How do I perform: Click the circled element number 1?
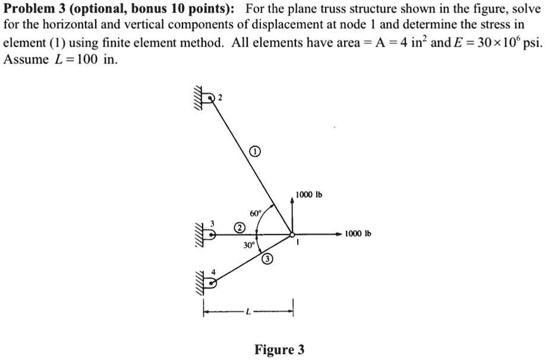255,151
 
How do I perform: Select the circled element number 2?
239,228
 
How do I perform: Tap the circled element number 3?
267,259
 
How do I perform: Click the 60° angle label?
255,213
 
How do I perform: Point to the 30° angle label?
249,245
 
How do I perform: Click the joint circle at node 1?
292,235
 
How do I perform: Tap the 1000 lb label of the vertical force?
308,195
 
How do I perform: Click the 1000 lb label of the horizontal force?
358,233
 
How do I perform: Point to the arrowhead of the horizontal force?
339,235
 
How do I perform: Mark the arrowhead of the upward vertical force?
292,201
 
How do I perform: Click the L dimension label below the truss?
248,311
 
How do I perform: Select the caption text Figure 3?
279,349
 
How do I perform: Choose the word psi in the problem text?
531,42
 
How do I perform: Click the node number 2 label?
220,97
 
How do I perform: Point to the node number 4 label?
214,272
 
